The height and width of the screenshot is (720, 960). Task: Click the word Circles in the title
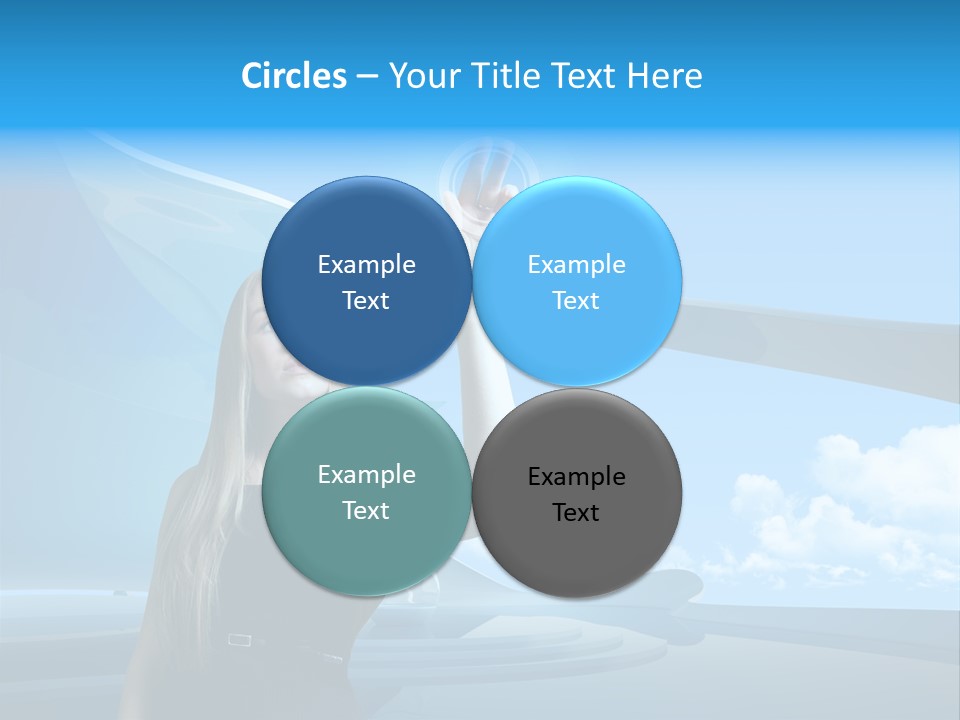[294, 76]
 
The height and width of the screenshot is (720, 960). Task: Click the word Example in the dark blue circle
[366, 265]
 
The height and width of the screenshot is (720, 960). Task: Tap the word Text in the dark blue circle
[366, 301]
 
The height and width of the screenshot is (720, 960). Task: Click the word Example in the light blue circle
[577, 265]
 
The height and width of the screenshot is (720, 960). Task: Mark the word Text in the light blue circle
[576, 301]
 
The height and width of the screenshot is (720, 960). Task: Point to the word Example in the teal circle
[366, 475]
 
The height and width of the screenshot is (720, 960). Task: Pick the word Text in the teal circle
[366, 511]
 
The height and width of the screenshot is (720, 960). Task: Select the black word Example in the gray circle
[577, 477]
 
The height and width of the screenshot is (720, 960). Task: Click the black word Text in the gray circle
[576, 513]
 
